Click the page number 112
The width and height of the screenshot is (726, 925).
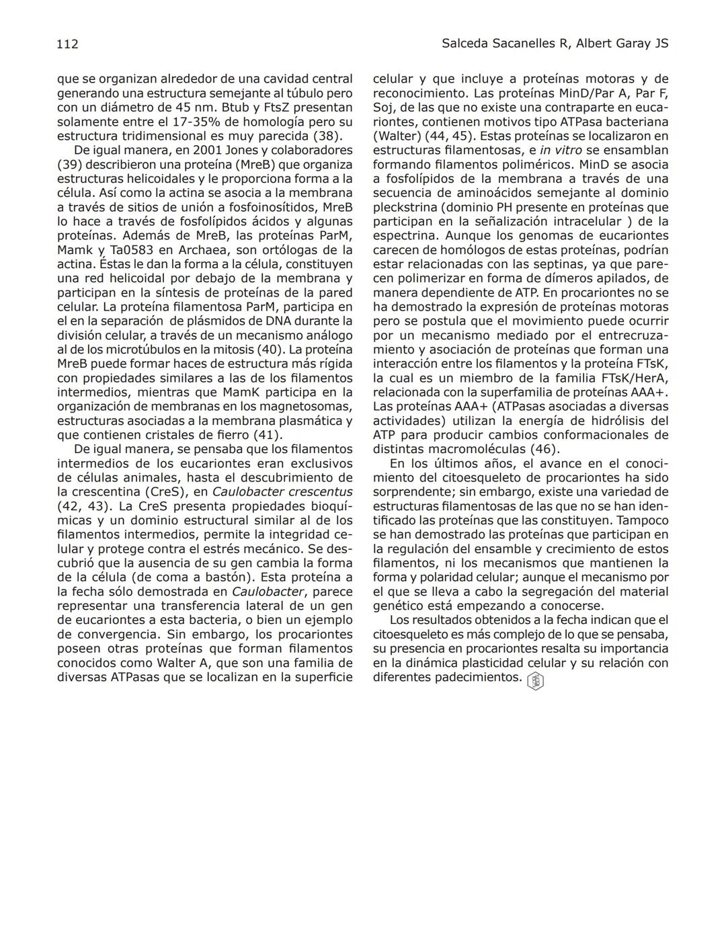68,44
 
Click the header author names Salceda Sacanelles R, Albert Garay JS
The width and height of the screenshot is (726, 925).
555,44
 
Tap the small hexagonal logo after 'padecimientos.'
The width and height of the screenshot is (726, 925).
536,681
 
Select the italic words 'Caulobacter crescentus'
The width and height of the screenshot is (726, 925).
282,492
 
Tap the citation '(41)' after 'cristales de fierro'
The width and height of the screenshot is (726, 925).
267,435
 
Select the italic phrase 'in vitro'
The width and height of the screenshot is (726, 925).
561,151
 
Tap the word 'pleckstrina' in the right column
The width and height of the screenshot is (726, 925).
404,207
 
